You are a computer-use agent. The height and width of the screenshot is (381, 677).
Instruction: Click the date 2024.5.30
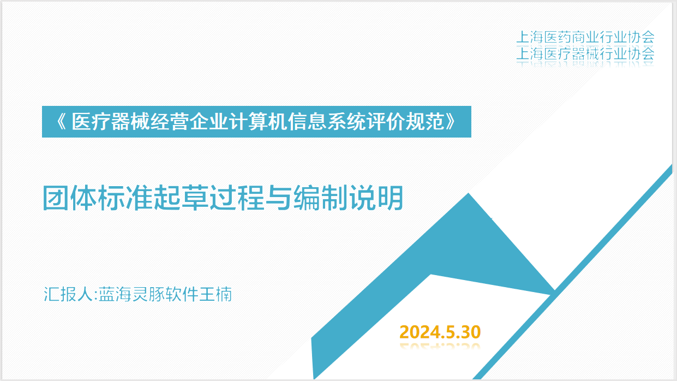[440, 332]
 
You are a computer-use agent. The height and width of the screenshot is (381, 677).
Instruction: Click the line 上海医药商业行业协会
[585, 38]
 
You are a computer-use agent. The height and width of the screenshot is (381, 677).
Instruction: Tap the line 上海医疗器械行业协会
[585, 54]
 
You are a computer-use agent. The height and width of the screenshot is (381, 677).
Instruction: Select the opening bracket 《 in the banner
[61, 122]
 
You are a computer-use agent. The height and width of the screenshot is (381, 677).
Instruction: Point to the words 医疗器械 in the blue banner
[111, 122]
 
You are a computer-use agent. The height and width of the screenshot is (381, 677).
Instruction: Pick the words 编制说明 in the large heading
[348, 198]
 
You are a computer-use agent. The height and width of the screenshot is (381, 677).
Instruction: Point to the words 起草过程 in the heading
[209, 198]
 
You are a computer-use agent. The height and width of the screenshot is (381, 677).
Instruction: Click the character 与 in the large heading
[279, 198]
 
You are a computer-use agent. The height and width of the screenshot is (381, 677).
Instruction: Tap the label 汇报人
[68, 294]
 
